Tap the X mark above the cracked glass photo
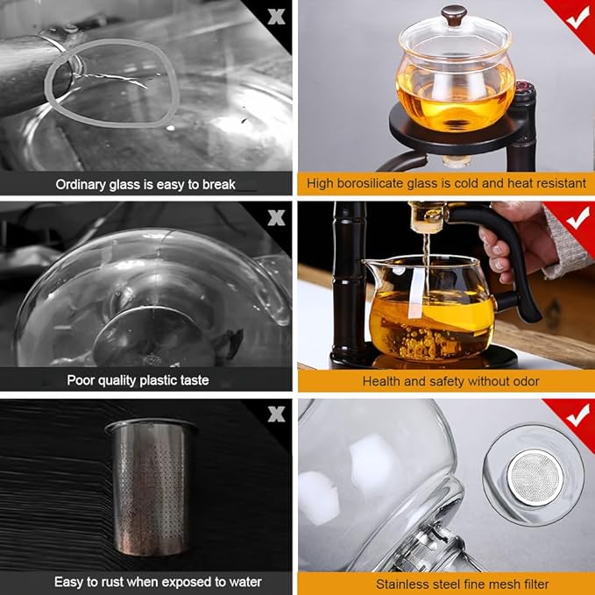277,17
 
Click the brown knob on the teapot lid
453,15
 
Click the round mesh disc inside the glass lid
536,475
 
